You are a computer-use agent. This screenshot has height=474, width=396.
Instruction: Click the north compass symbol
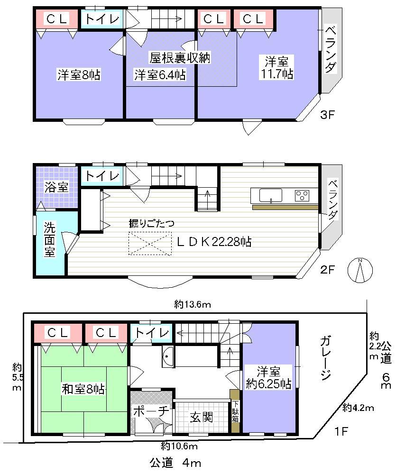[360, 270]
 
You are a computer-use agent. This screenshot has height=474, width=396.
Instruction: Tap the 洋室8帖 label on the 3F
[79, 74]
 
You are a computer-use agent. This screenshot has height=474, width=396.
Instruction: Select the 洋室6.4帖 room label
[160, 74]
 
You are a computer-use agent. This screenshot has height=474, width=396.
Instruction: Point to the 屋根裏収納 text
[180, 58]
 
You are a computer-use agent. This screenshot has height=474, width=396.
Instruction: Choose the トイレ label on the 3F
[101, 19]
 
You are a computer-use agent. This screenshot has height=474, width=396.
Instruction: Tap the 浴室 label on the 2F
[56, 187]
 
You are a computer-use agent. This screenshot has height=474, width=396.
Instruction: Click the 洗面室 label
[50, 239]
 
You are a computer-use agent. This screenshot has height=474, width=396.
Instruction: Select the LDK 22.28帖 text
[214, 242]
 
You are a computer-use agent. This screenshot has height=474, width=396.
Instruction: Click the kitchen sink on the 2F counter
[271, 195]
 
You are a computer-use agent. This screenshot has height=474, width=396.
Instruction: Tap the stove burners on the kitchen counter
[302, 194]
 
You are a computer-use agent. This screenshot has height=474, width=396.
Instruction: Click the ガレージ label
[324, 358]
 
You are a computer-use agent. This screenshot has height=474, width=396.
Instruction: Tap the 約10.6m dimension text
[178, 445]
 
